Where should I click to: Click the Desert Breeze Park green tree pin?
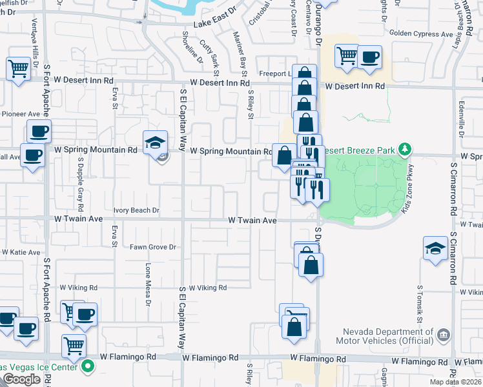point(405,150)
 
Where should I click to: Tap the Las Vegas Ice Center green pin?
point(88,368)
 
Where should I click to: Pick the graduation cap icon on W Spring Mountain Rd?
point(155,142)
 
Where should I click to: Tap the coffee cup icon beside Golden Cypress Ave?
point(369,57)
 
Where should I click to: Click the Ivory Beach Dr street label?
point(136,210)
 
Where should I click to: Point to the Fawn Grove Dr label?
point(153,247)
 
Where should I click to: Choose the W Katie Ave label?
point(20,252)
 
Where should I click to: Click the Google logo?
point(21,379)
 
